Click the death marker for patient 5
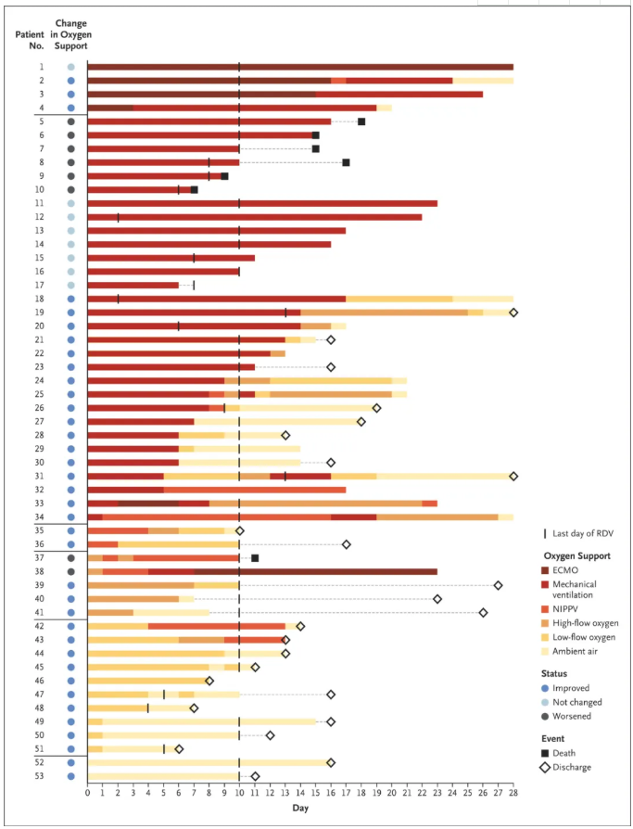coord(361,121)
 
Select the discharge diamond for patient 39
coord(498,585)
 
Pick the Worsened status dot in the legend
coord(547,716)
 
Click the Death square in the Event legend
coord(548,754)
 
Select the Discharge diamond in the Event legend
coord(548,767)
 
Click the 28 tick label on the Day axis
coord(513,792)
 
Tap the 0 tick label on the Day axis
coord(88,792)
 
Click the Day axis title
coord(300,809)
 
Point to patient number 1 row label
coord(41,67)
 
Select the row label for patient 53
coord(41,776)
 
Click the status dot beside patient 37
coord(70,557)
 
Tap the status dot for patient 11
coord(70,203)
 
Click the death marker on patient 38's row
coord(255,557)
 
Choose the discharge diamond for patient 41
coord(483,612)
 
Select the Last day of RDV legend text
coord(586,533)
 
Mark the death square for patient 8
coord(346,162)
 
